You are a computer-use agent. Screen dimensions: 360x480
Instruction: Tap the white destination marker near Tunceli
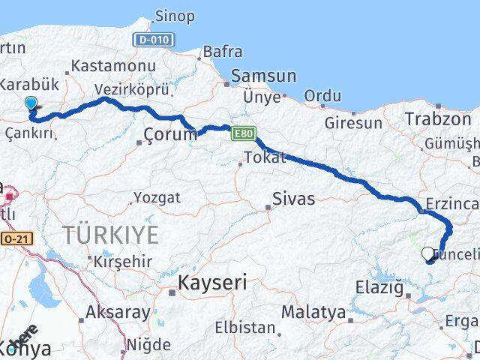point(428,253)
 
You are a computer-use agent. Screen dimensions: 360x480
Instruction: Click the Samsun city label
point(264,76)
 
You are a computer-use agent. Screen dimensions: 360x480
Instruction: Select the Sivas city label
point(293,199)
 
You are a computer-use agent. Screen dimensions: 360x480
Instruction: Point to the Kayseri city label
point(212,283)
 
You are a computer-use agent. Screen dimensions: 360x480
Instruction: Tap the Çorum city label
point(169,136)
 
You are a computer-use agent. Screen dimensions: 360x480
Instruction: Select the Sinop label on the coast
point(175,16)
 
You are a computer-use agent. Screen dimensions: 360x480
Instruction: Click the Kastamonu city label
point(114,67)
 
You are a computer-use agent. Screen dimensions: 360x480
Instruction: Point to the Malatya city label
point(313,311)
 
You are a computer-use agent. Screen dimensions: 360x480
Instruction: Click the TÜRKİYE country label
point(111,235)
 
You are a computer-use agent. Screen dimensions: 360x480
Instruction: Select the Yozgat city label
point(157,198)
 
